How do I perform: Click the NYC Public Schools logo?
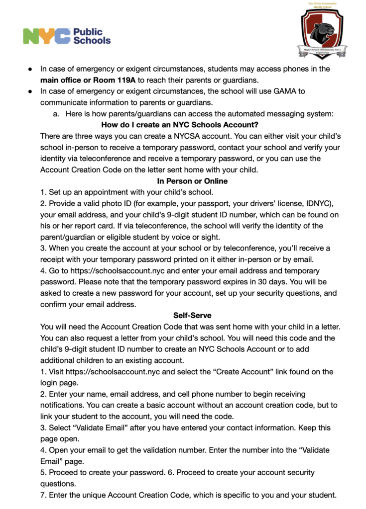[x=67, y=36]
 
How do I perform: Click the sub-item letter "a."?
[x=56, y=114]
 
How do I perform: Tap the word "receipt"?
[x=54, y=259]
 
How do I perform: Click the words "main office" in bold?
[x=63, y=80]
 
